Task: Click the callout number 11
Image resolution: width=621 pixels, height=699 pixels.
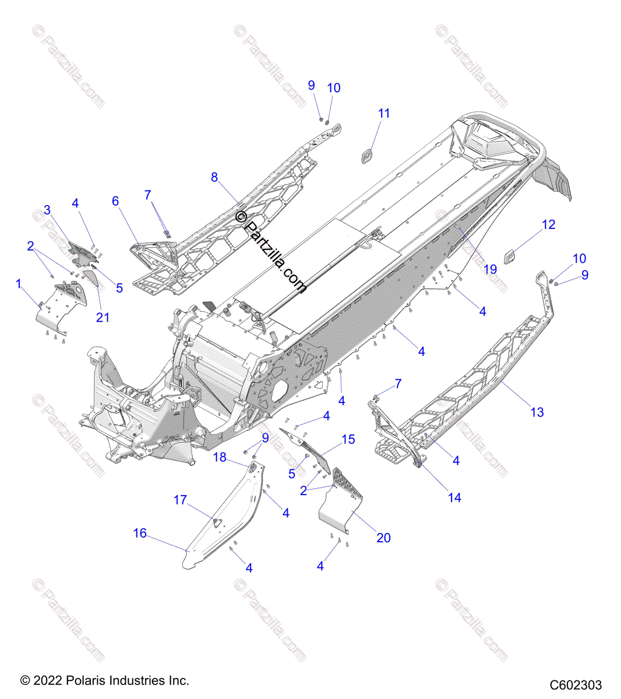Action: coord(384,114)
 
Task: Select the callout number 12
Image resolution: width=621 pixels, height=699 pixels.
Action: coord(549,225)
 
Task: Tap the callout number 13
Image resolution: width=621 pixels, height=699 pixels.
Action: coord(537,412)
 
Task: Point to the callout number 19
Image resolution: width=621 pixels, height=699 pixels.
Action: coord(491,269)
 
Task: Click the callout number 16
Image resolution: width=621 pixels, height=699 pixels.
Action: coord(140,534)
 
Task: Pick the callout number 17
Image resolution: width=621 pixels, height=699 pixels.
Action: coord(180,500)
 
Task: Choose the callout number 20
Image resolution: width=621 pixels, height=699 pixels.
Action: coord(383,538)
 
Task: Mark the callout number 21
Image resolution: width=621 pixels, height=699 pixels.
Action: coord(103,317)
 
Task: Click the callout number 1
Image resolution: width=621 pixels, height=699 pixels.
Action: coord(19,284)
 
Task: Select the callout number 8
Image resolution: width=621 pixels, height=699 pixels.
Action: coord(214,177)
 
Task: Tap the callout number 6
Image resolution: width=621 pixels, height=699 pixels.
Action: coord(115,202)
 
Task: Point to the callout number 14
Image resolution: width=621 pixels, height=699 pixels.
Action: coord(454,497)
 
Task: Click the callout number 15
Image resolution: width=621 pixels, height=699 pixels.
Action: coord(348,439)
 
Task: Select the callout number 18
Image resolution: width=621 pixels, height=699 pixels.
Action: coord(220,457)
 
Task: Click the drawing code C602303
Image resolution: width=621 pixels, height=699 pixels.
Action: coord(575,685)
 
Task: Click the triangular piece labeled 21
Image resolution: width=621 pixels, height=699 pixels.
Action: coord(89,278)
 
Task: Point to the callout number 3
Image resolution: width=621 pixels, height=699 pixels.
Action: coord(47,210)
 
